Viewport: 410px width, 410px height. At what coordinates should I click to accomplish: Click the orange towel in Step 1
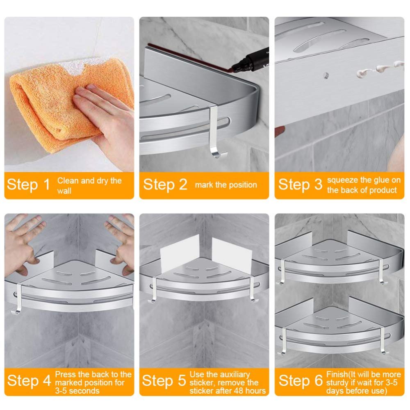tap(52, 105)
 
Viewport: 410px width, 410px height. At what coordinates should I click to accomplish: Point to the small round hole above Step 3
tap(326, 76)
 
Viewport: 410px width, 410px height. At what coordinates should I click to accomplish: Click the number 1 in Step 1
tap(47, 184)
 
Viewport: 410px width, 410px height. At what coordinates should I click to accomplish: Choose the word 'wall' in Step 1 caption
tap(64, 191)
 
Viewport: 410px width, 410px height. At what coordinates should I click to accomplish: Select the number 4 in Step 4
tap(47, 381)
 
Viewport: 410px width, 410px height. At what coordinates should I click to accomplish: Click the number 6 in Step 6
tap(319, 381)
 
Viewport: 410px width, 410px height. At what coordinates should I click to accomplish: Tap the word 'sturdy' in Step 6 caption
tap(338, 383)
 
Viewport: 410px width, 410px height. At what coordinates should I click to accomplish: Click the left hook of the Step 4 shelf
tap(18, 298)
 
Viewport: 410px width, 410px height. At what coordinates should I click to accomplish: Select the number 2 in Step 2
tap(183, 184)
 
